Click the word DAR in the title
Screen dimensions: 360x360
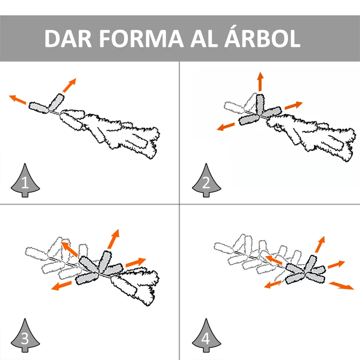(68, 38)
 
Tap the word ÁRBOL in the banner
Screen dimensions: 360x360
(262, 37)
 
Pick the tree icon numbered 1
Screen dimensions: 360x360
(25, 180)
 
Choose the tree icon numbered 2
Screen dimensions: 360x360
(206, 180)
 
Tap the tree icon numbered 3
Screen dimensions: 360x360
(25, 335)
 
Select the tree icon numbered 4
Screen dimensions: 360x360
(206, 335)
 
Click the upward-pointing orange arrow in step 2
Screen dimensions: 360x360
(260, 81)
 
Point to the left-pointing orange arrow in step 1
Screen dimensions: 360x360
(18, 99)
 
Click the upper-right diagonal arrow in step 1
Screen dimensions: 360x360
(69, 85)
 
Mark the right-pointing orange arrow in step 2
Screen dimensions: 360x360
(294, 105)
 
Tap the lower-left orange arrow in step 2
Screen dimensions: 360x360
(226, 127)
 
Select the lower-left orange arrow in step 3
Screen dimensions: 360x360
(61, 286)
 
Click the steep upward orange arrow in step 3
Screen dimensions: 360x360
(113, 239)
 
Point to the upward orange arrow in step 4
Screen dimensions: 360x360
(320, 244)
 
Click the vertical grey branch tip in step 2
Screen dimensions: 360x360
(260, 104)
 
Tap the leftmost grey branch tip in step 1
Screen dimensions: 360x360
(39, 108)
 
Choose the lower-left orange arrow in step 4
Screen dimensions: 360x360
(273, 284)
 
